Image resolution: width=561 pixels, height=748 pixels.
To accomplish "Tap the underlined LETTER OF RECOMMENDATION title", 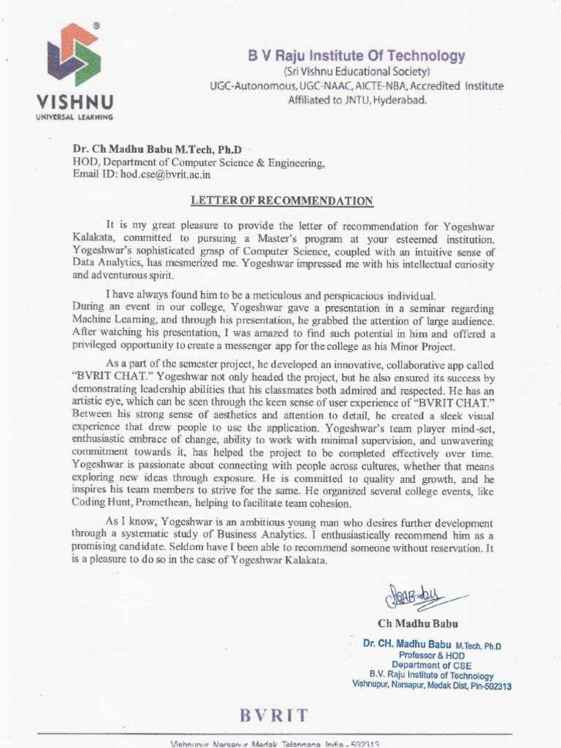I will point(282,201).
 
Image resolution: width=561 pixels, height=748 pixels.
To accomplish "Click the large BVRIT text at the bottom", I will point(273,714).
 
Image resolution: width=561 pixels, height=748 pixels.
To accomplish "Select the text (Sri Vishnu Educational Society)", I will point(356,72).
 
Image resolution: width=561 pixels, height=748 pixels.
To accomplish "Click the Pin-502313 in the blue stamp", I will point(491,687).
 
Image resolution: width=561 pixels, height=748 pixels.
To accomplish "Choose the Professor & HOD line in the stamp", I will point(431,656).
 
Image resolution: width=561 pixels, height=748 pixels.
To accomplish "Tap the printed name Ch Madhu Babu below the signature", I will point(419,624).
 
